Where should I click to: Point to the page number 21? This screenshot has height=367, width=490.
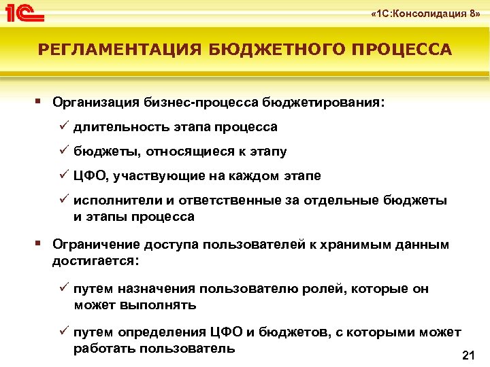click(468, 355)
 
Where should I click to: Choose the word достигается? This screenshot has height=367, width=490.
click(95, 261)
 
